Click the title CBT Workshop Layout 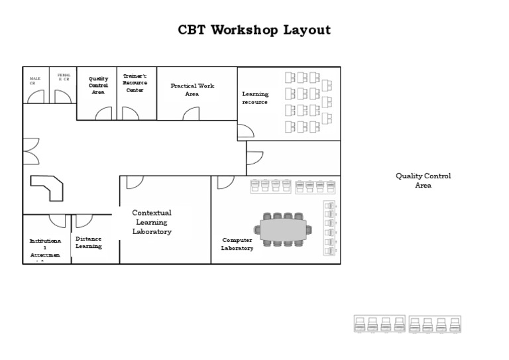pyautogui.click(x=254, y=30)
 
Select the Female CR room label pyautogui.click(x=64, y=78)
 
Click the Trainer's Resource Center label pyautogui.click(x=135, y=83)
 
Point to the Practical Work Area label pyautogui.click(x=192, y=90)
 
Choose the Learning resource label pyautogui.click(x=255, y=98)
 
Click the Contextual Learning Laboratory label pyautogui.click(x=152, y=222)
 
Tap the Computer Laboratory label pyautogui.click(x=237, y=244)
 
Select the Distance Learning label pyautogui.click(x=88, y=242)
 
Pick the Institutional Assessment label pyautogui.click(x=45, y=247)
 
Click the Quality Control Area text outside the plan pyautogui.click(x=423, y=180)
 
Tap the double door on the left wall pyautogui.click(x=30, y=151)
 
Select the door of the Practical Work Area pyautogui.click(x=191, y=113)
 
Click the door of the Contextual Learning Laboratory pyautogui.click(x=135, y=182)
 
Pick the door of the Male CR pyautogui.click(x=36, y=97)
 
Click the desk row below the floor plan pyautogui.click(x=407, y=324)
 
